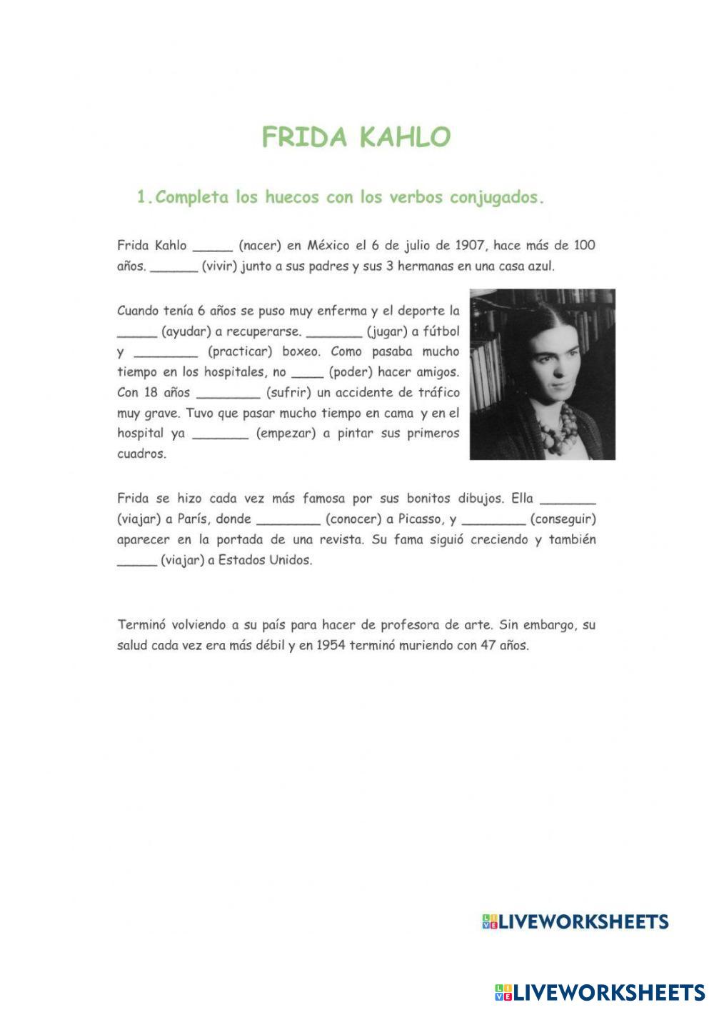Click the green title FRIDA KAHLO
[x=356, y=137]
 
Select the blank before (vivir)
[x=174, y=268]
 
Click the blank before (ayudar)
[x=136, y=333]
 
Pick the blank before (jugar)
[x=333, y=333]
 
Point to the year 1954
[x=331, y=646]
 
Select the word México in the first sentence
[x=331, y=246]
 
